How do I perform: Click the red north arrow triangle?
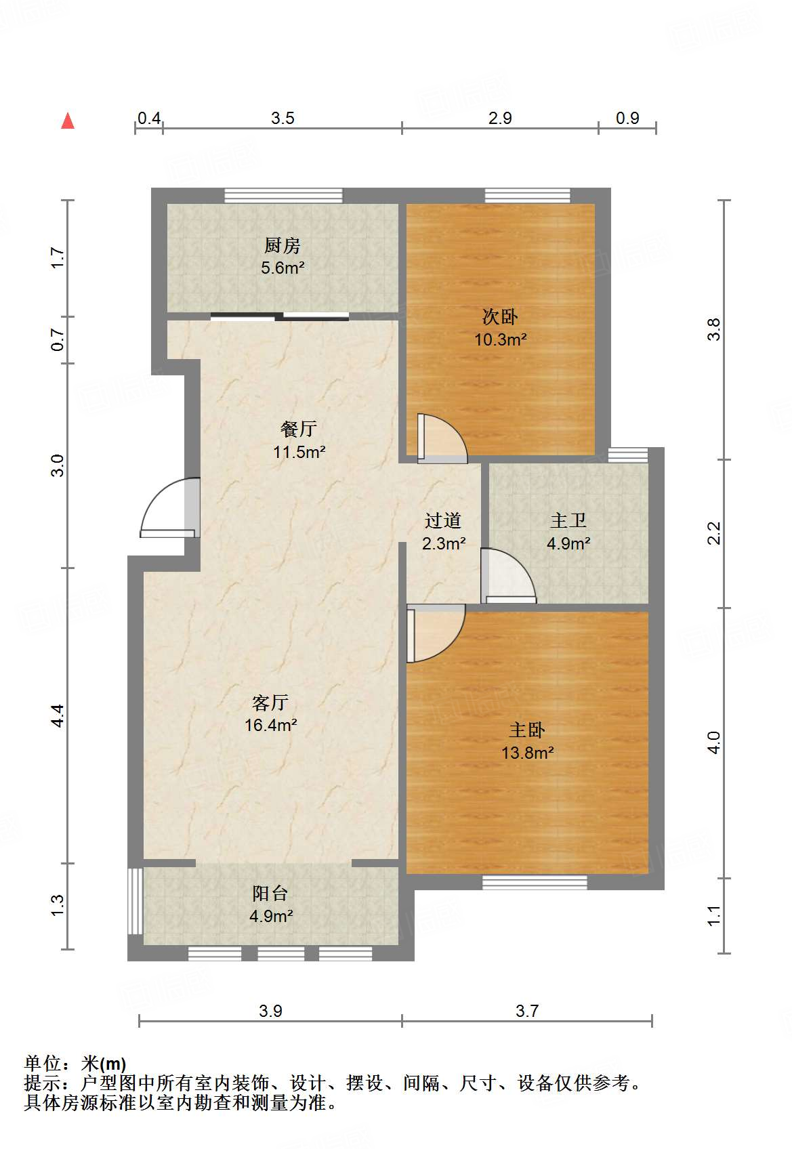68,121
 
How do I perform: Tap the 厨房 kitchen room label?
282,246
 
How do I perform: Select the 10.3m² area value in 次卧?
500,339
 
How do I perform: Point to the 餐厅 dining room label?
299,430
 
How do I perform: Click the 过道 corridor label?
443,520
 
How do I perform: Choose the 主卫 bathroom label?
568,520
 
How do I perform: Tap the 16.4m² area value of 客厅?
271,725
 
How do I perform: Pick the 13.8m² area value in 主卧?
527,753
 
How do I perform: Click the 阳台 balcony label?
270,894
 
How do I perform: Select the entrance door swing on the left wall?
170,508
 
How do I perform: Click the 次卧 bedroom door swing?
442,438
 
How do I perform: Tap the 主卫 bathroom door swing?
508,576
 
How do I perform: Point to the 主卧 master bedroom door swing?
436,633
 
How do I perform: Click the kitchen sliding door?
280,316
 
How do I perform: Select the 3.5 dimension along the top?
283,119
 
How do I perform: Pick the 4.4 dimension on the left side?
58,715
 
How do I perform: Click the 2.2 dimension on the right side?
713,533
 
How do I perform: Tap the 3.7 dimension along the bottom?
527,1011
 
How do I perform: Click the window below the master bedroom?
535,882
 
